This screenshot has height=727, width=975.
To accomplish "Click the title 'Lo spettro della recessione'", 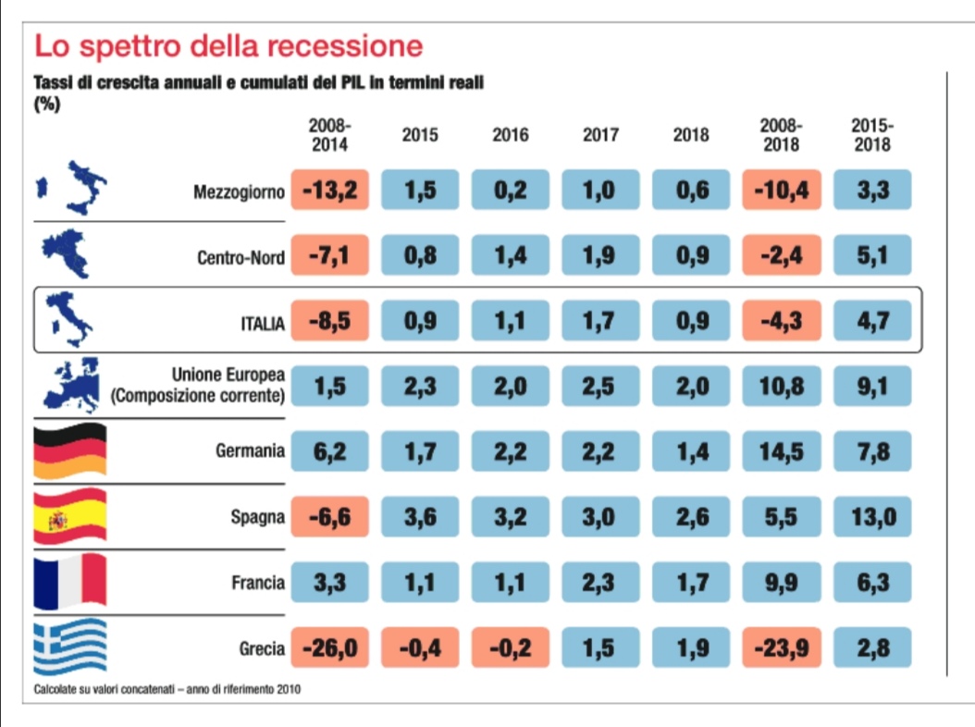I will point(228,45).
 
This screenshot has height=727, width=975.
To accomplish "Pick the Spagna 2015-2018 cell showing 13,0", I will point(872,517).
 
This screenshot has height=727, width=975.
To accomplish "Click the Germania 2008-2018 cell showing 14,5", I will point(782,452).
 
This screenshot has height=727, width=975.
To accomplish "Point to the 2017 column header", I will point(600,135).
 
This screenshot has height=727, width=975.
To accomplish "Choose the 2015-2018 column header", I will point(872,135).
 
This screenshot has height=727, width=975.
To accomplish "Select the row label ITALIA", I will point(262,322).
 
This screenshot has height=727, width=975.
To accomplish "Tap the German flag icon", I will point(69,452).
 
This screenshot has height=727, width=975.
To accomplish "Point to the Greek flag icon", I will point(69,647).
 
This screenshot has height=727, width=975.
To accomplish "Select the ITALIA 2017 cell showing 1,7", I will point(600,322).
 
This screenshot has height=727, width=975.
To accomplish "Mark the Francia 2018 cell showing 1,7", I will point(691,583).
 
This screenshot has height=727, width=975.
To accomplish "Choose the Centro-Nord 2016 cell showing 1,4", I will point(511,257).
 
